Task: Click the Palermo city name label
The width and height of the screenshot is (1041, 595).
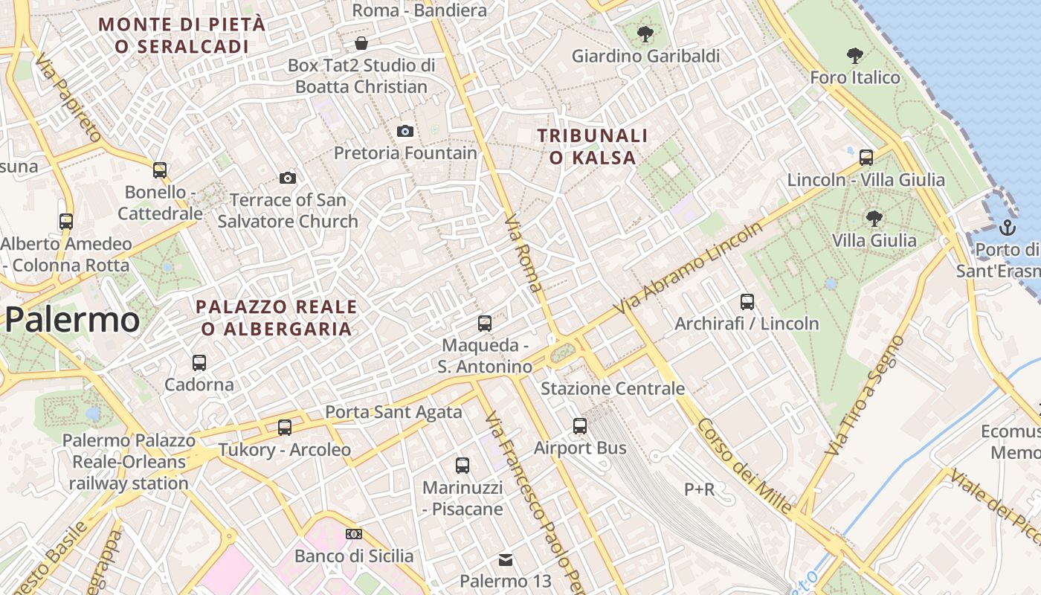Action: tap(72, 320)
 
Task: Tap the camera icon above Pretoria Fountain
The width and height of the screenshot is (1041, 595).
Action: tap(405, 131)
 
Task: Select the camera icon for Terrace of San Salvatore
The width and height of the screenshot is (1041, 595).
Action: tap(288, 178)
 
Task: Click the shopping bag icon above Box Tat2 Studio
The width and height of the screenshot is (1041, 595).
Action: tap(361, 43)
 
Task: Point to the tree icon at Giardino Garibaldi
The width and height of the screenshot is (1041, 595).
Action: tap(645, 33)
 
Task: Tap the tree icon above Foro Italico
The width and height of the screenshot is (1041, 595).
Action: tap(854, 55)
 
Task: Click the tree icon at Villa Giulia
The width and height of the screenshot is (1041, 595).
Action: tap(874, 218)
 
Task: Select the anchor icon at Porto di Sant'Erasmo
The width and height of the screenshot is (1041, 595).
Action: tap(1008, 227)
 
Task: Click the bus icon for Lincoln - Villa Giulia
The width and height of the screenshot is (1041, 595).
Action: tap(866, 157)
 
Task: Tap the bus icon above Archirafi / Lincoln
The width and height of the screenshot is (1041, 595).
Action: tap(747, 302)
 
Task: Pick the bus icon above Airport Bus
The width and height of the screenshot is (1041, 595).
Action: tap(580, 426)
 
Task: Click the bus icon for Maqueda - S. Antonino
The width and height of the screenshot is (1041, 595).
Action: tap(485, 324)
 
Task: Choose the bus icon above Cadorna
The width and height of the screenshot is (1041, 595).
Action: tap(199, 363)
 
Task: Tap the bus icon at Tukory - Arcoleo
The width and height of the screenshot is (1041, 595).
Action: tap(285, 428)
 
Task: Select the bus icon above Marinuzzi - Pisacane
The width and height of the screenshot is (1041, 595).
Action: tap(463, 466)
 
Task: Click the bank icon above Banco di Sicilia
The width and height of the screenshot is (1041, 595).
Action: tap(354, 534)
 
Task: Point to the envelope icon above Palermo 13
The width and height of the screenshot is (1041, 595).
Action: tap(506, 559)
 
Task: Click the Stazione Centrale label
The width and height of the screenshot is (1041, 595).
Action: tap(613, 388)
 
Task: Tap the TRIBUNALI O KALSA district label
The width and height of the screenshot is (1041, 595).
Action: tap(593, 147)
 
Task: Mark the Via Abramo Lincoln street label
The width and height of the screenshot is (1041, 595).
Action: tap(689, 268)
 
